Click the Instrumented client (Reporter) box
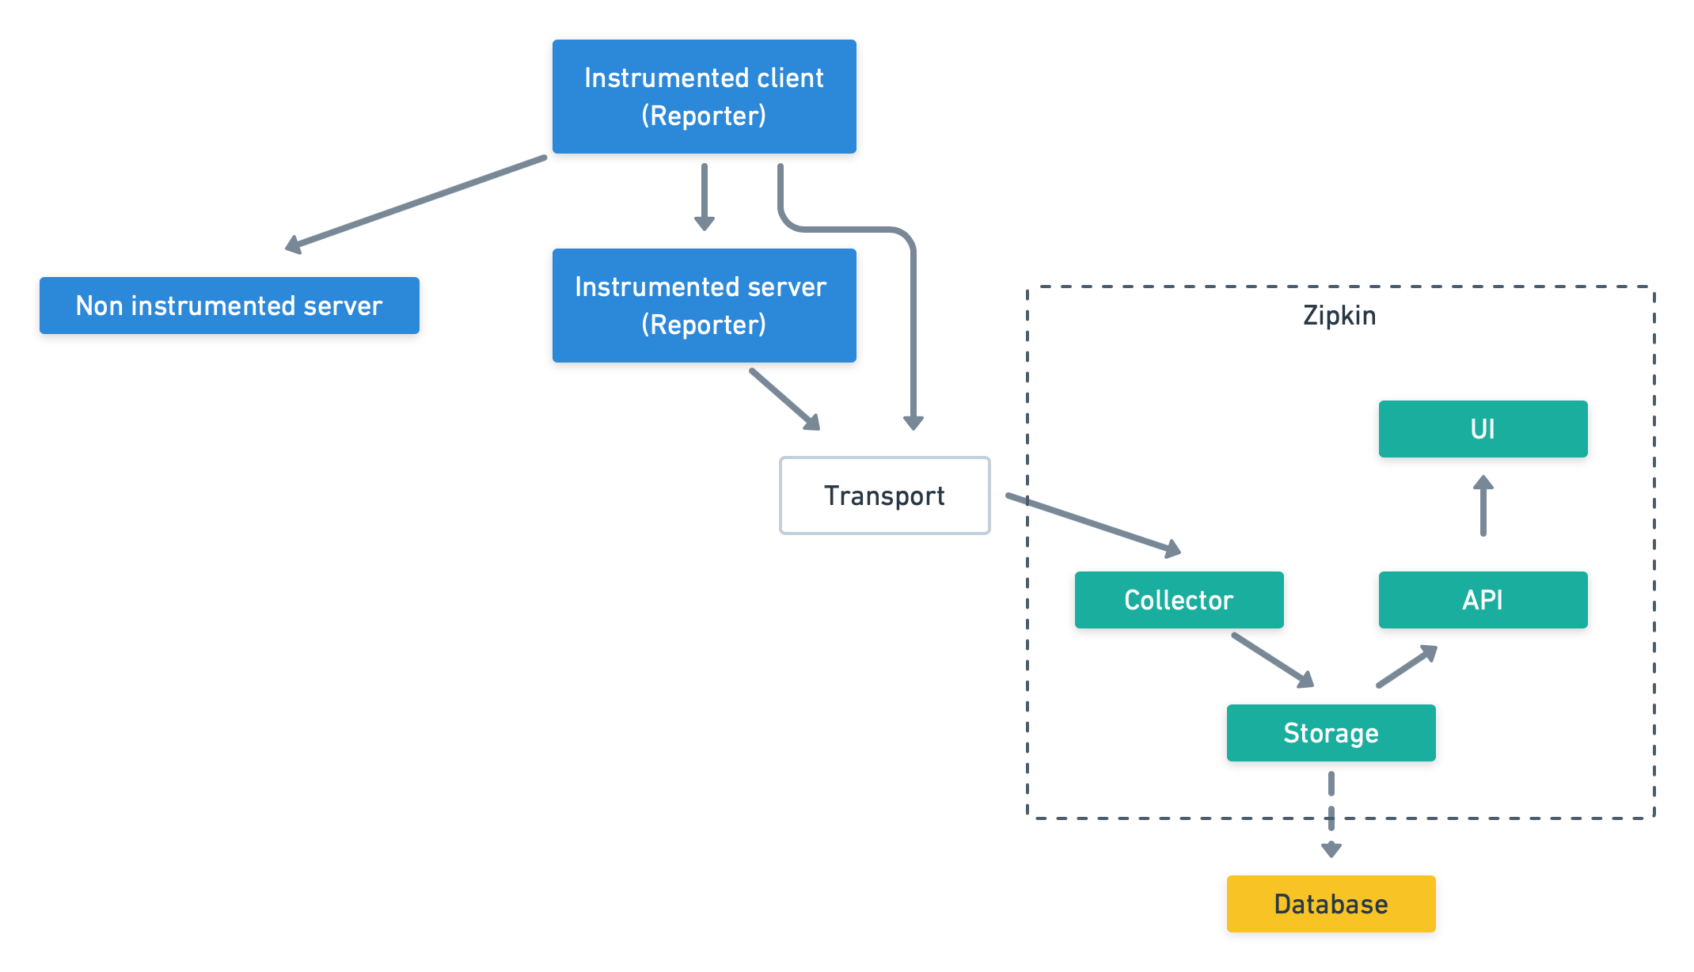pyautogui.click(x=704, y=96)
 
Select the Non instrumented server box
pyautogui.click(x=229, y=306)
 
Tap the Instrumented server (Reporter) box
pyautogui.click(x=704, y=306)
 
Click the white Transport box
pyautogui.click(x=884, y=495)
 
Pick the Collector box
pyautogui.click(x=1179, y=600)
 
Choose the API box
pyautogui.click(x=1483, y=600)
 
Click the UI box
pyautogui.click(x=1483, y=429)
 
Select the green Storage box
pyautogui.click(x=1331, y=733)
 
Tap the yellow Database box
pyautogui.click(x=1331, y=904)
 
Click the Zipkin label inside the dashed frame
pyautogui.click(x=1339, y=316)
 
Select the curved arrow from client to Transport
pyautogui.click(x=913, y=317)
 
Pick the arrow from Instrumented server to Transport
pyautogui.click(x=784, y=398)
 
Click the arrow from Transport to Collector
pyautogui.click(x=1092, y=523)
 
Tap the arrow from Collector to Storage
pyautogui.click(x=1271, y=659)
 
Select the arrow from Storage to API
pyautogui.click(x=1407, y=666)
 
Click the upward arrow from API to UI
pyautogui.click(x=1483, y=507)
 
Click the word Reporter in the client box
pyautogui.click(x=704, y=116)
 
